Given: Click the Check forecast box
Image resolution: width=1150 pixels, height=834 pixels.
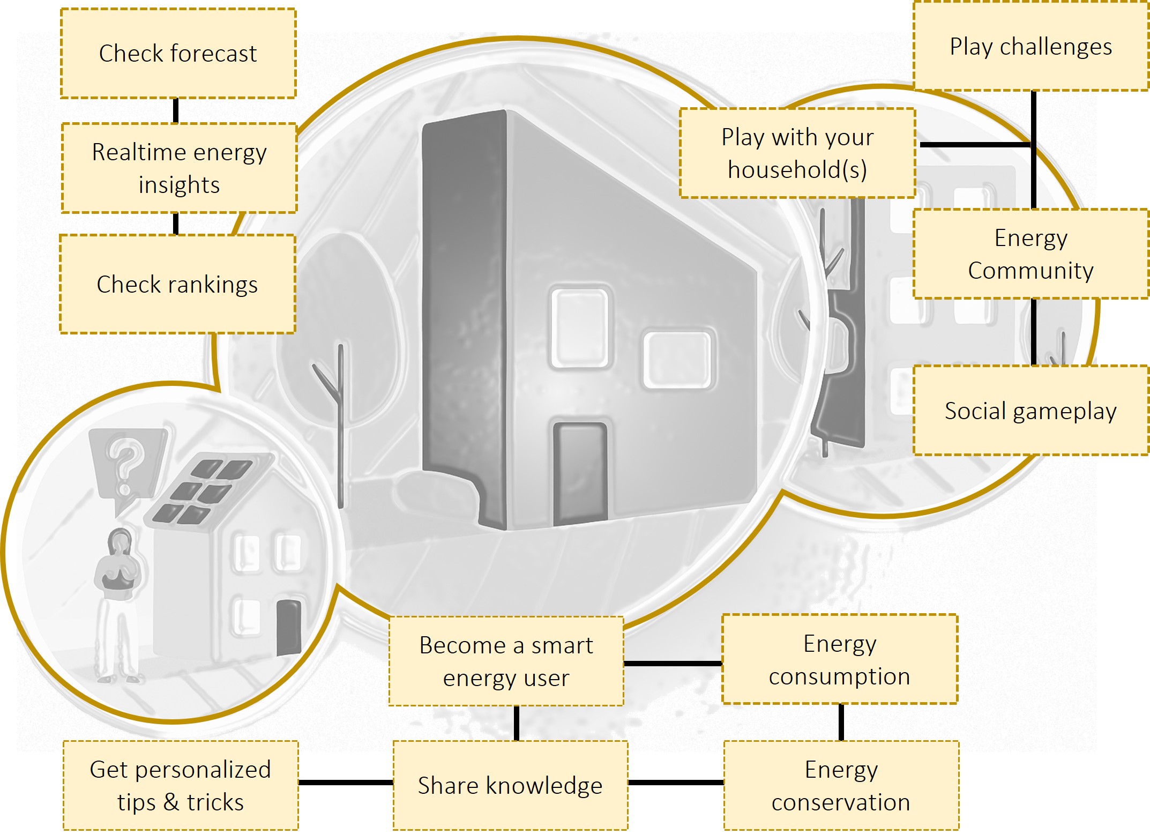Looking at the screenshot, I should [x=178, y=53].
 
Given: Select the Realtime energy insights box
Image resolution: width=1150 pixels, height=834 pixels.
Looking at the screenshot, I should [x=179, y=168].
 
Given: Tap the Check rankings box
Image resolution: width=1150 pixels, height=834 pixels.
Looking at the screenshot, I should [x=177, y=284].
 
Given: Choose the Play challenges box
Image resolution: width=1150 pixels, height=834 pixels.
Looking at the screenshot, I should [x=1030, y=47].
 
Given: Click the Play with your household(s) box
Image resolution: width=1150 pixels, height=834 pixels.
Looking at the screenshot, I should [x=797, y=153].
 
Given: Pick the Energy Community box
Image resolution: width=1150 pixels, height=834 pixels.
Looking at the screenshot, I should [x=1030, y=254].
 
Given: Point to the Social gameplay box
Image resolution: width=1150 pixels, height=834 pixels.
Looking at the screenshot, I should [x=1030, y=411].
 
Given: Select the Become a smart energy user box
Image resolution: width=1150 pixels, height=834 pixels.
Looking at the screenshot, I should [x=506, y=661].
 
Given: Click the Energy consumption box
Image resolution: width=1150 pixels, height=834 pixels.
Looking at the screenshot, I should [x=839, y=659].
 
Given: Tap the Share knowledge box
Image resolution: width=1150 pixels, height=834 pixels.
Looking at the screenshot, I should [x=510, y=785].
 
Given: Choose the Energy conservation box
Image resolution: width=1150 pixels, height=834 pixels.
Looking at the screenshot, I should [x=841, y=785].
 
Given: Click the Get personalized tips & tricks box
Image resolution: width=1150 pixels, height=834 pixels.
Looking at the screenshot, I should [x=181, y=785].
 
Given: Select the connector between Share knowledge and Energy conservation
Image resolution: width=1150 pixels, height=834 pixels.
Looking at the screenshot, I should [x=676, y=783].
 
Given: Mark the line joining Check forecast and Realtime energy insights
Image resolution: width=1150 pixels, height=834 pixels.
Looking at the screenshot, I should [x=176, y=111].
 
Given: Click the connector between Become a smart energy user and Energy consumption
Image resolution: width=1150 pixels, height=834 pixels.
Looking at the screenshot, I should [x=673, y=664].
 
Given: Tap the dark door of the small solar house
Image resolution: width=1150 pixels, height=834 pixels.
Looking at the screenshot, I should [x=288, y=627].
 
